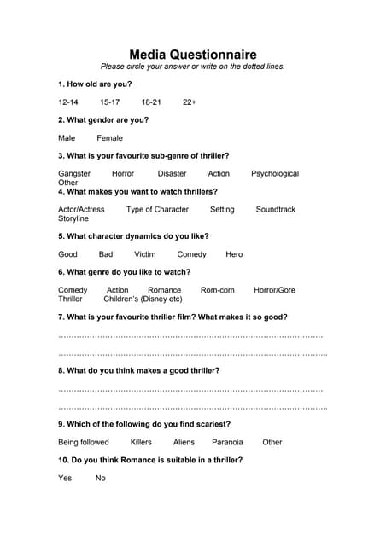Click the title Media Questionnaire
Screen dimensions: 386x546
(192, 54)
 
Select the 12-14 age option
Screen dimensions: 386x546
(68, 102)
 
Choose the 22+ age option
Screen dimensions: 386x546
(190, 102)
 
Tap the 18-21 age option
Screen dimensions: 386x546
(151, 102)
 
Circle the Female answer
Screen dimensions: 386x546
(109, 138)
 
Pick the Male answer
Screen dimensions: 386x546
(67, 138)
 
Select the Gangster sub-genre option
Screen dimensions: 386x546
(74, 174)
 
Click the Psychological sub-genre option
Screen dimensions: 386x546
(275, 174)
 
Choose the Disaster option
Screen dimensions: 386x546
(172, 174)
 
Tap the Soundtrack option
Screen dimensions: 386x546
(275, 210)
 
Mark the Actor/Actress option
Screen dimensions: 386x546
(81, 210)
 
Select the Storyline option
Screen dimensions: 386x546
(73, 219)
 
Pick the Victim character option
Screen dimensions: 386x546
(145, 254)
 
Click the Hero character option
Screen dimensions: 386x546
(234, 254)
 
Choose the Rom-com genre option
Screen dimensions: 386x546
(217, 290)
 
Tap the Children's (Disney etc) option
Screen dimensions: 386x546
(143, 299)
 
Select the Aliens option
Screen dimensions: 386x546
(184, 443)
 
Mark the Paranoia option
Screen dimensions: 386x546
(227, 443)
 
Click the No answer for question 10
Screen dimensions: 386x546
(101, 479)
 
